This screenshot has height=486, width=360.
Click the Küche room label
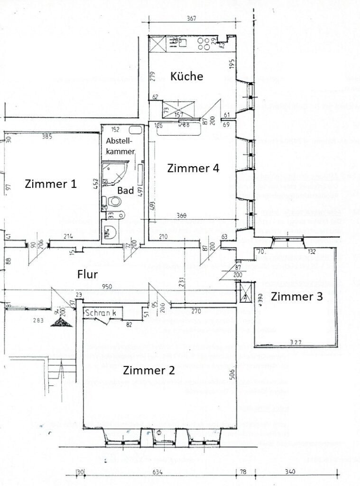(187, 76)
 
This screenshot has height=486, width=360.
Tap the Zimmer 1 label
(51, 184)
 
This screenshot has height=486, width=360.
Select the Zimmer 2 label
(148, 370)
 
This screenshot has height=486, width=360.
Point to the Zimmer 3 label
(297, 297)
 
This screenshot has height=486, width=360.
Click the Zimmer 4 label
(193, 168)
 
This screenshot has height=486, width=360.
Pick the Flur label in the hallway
(88, 274)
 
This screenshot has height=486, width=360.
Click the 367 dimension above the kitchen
(191, 19)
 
